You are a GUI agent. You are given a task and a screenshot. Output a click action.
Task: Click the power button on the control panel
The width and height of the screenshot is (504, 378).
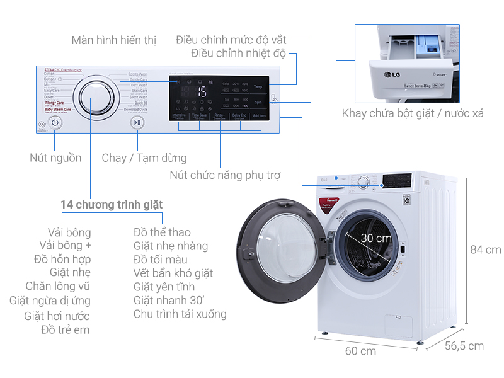pyautogui.click(x=55, y=123)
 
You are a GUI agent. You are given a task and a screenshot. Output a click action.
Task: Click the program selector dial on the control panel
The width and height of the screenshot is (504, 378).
pyautogui.click(x=95, y=100)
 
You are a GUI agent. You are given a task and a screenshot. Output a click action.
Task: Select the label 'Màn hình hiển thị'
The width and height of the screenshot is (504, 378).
pyautogui.click(x=113, y=40)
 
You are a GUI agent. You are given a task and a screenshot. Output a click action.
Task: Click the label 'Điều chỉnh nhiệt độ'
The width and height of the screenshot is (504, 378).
pyautogui.click(x=239, y=54)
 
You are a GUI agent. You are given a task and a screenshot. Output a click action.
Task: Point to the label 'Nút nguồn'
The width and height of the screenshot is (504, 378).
pyautogui.click(x=55, y=157)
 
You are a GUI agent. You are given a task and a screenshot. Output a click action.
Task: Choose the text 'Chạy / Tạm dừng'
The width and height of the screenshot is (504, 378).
pyautogui.click(x=144, y=157)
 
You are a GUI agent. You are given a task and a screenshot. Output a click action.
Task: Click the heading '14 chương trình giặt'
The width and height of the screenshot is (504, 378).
pyautogui.click(x=112, y=205)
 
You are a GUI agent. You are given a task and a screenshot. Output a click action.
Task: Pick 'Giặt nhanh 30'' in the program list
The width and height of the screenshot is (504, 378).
pyautogui.click(x=169, y=301)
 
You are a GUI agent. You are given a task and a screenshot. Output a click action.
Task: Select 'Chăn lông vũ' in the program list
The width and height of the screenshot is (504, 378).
pyautogui.click(x=58, y=287)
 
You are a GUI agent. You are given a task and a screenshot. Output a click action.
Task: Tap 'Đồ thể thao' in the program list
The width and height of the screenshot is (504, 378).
pyautogui.click(x=162, y=232)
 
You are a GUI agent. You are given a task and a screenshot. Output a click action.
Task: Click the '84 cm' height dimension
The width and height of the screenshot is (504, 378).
pyautogui.click(x=486, y=249)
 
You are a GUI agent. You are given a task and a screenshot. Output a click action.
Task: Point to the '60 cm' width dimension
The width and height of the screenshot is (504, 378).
pyautogui.click(x=360, y=351)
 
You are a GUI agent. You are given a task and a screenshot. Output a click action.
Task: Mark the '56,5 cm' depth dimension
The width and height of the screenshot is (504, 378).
pyautogui.click(x=464, y=345)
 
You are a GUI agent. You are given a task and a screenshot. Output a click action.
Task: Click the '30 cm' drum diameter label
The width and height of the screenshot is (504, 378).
pyautogui.click(x=376, y=238)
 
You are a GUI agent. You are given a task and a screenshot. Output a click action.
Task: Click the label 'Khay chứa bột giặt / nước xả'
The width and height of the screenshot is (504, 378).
pyautogui.click(x=413, y=113)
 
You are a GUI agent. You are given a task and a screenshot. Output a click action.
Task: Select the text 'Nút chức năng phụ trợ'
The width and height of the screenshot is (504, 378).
pyautogui.click(x=225, y=175)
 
